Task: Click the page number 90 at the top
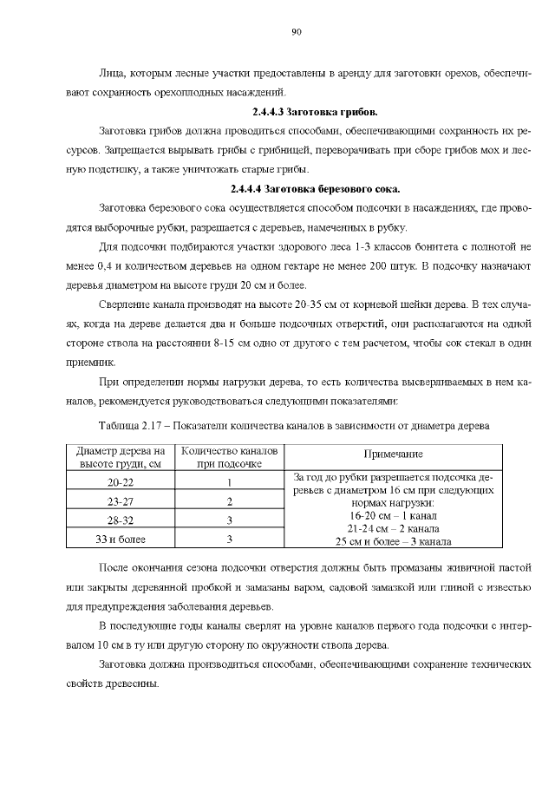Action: pyautogui.click(x=296, y=32)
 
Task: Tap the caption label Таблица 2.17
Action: pyautogui.click(x=129, y=427)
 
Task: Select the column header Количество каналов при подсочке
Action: pyautogui.click(x=230, y=457)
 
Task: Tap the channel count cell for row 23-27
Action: pyautogui.click(x=230, y=501)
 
